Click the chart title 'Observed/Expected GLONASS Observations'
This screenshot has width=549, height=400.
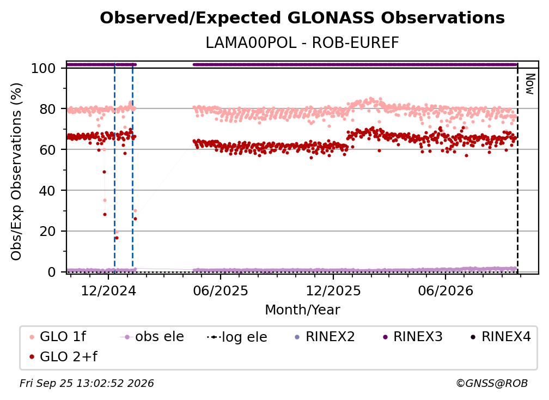pyautogui.click(x=302, y=18)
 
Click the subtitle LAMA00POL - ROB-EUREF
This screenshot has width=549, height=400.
pyautogui.click(x=302, y=43)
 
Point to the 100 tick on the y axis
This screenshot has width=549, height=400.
pyautogui.click(x=43, y=68)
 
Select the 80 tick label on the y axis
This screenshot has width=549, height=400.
pyautogui.click(x=47, y=109)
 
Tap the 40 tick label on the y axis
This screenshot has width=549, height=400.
pyautogui.click(x=47, y=191)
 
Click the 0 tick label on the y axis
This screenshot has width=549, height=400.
pyautogui.click(x=51, y=272)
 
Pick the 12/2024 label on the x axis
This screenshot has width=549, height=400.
pyautogui.click(x=108, y=290)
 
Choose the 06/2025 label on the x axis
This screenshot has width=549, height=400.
pyautogui.click(x=221, y=290)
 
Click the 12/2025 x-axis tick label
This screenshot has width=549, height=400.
pyautogui.click(x=333, y=290)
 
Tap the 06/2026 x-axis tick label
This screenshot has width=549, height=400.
pyautogui.click(x=446, y=290)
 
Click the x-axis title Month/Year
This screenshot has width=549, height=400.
pyautogui.click(x=302, y=310)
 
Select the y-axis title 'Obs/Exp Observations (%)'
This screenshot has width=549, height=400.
pyautogui.click(x=16, y=172)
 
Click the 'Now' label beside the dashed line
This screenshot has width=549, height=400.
pyautogui.click(x=530, y=84)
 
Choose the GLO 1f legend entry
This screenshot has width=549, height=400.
pyautogui.click(x=58, y=337)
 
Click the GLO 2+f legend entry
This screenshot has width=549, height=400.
pyautogui.click(x=63, y=357)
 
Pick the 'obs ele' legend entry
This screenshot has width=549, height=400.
pyautogui.click(x=152, y=337)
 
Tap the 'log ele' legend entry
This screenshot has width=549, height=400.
pyautogui.click(x=237, y=337)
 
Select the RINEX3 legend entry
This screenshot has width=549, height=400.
pyautogui.click(x=413, y=337)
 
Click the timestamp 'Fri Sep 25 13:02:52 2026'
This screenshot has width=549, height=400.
pyautogui.click(x=87, y=384)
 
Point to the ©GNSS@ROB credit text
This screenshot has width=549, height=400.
pyautogui.click(x=492, y=384)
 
